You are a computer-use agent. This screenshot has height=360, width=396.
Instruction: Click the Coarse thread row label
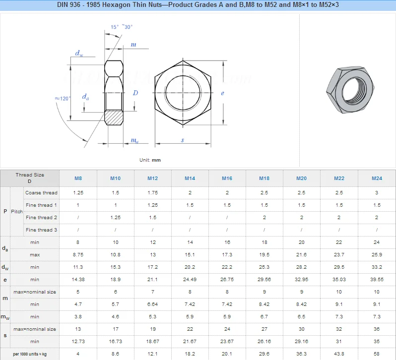(x=42, y=193)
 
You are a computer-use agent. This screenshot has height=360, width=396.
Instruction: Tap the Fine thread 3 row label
(x=42, y=230)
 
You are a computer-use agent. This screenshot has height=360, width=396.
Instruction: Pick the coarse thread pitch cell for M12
(x=153, y=193)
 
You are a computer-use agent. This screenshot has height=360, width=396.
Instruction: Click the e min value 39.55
(x=377, y=280)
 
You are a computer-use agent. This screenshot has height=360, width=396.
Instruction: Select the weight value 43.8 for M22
(x=339, y=354)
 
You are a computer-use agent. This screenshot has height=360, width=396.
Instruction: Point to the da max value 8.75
(x=78, y=255)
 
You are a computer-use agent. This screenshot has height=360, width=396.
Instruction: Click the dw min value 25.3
(x=264, y=267)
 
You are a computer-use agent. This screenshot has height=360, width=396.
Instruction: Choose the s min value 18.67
(x=153, y=342)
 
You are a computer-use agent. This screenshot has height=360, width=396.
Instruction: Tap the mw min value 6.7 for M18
(x=264, y=317)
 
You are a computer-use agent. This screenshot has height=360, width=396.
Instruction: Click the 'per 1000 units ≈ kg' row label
(x=30, y=354)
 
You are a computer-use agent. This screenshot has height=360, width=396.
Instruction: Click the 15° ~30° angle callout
(x=121, y=27)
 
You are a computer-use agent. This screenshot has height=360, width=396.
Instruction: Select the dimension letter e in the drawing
(x=222, y=93)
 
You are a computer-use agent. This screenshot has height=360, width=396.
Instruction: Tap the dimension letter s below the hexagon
(x=183, y=141)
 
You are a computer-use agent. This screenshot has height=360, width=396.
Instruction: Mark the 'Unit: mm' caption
(x=150, y=160)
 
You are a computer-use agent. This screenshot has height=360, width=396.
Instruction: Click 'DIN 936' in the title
(x=72, y=5)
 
